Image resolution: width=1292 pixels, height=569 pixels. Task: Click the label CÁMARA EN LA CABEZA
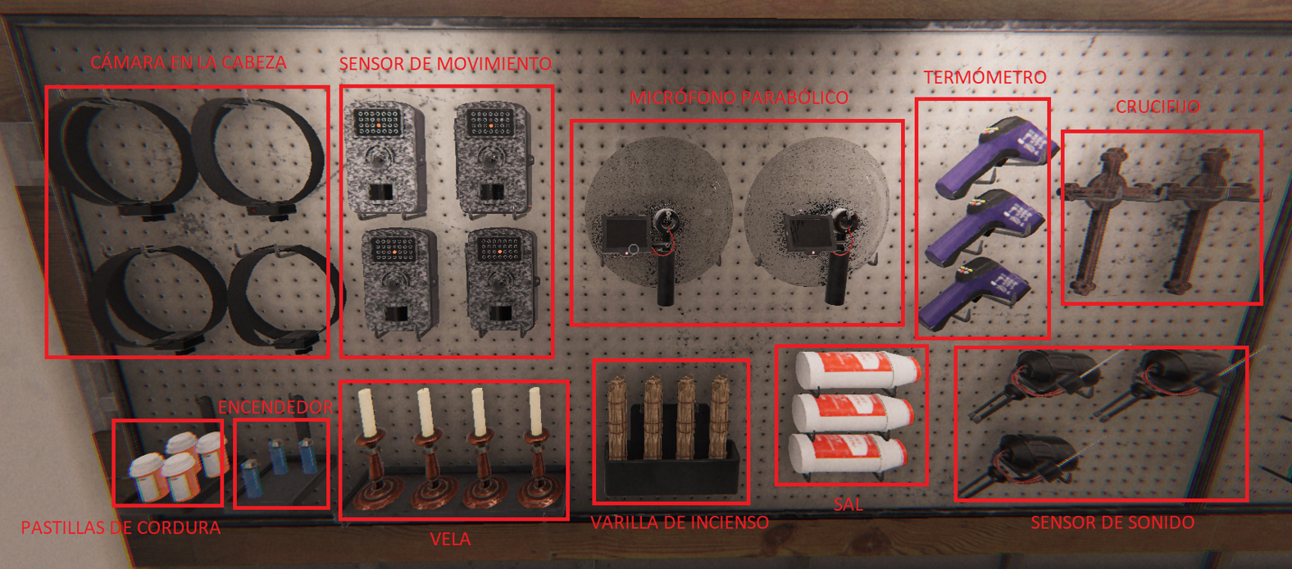click(188, 62)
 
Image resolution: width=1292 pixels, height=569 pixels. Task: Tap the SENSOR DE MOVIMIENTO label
click(445, 63)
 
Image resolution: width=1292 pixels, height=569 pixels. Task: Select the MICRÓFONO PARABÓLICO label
click(739, 98)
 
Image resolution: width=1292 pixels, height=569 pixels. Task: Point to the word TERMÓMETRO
click(985, 77)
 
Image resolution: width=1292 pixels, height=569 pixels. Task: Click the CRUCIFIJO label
click(1158, 107)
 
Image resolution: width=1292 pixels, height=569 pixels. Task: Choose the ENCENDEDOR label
click(275, 407)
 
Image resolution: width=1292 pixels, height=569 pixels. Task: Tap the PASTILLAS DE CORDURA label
click(121, 527)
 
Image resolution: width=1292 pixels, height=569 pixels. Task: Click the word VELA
click(450, 539)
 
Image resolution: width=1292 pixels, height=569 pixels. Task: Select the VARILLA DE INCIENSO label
click(680, 523)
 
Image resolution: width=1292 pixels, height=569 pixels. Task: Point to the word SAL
click(848, 504)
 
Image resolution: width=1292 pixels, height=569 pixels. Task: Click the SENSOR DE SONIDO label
click(1112, 523)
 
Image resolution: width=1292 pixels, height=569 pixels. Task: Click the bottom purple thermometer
click(975, 294)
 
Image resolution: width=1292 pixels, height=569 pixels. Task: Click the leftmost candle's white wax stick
click(367, 412)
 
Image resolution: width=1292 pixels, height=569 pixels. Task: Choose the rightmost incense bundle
click(720, 417)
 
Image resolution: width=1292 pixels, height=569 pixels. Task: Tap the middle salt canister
click(852, 412)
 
